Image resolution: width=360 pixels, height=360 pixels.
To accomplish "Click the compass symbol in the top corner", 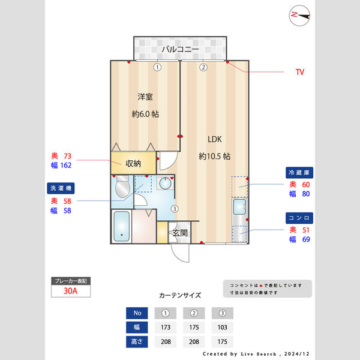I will (x=299, y=15).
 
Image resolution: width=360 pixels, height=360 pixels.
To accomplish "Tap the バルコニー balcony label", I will (x=180, y=49).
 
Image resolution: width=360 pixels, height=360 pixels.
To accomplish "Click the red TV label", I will (x=299, y=72).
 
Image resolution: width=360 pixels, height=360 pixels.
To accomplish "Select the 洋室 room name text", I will (x=145, y=97).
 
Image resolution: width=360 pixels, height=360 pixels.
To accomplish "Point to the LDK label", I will (x=215, y=139).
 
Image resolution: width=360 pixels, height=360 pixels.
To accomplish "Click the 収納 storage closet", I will (x=133, y=163).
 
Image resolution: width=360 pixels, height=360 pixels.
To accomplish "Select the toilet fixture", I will (x=122, y=189).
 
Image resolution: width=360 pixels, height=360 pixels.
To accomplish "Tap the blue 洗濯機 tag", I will (x=60, y=188).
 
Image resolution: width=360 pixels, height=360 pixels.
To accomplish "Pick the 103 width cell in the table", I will (x=222, y=328).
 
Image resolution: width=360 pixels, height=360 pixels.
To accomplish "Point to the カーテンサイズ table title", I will (x=180, y=296).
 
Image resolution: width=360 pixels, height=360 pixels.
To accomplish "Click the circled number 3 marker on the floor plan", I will (x=174, y=209).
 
